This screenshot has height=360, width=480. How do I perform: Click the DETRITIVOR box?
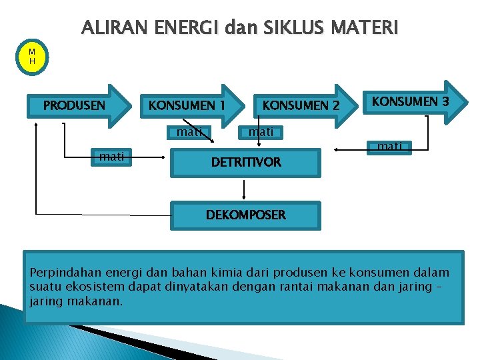pyautogui.click(x=246, y=162)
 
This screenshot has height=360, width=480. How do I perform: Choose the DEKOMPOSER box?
pyautogui.click(x=245, y=215)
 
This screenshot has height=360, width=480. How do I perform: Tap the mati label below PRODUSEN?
pyautogui.click(x=111, y=157)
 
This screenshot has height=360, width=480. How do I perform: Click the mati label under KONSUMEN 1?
pyautogui.click(x=189, y=132)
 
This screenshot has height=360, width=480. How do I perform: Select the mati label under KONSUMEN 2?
pyautogui.click(x=261, y=132)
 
